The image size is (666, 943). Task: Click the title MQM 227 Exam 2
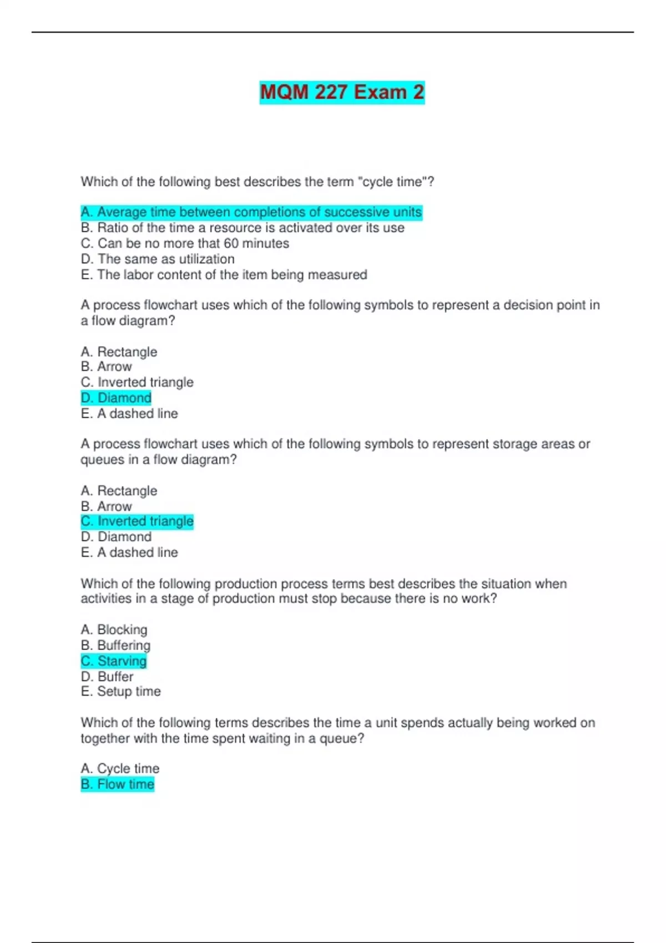(342, 92)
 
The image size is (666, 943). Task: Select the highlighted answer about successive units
(251, 212)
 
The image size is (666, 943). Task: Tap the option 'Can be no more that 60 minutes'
(185, 244)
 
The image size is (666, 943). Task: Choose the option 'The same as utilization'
(158, 259)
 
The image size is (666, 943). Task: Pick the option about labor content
(224, 275)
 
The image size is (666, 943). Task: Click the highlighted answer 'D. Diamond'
(116, 398)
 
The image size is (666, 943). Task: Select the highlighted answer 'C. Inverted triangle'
(137, 521)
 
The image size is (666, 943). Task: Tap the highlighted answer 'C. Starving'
(114, 661)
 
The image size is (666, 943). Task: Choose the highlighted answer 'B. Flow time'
(117, 784)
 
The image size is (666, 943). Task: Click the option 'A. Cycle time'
(120, 768)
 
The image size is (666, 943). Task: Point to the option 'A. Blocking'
(114, 630)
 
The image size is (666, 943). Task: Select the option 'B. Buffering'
(115, 645)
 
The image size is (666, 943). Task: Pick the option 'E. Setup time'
(120, 691)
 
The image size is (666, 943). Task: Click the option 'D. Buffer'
(107, 677)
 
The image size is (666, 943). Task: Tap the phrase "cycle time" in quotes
(394, 182)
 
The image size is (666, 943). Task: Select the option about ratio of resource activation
(243, 227)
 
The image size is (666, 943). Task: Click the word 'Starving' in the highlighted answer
(122, 661)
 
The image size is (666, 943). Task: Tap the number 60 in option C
(231, 244)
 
